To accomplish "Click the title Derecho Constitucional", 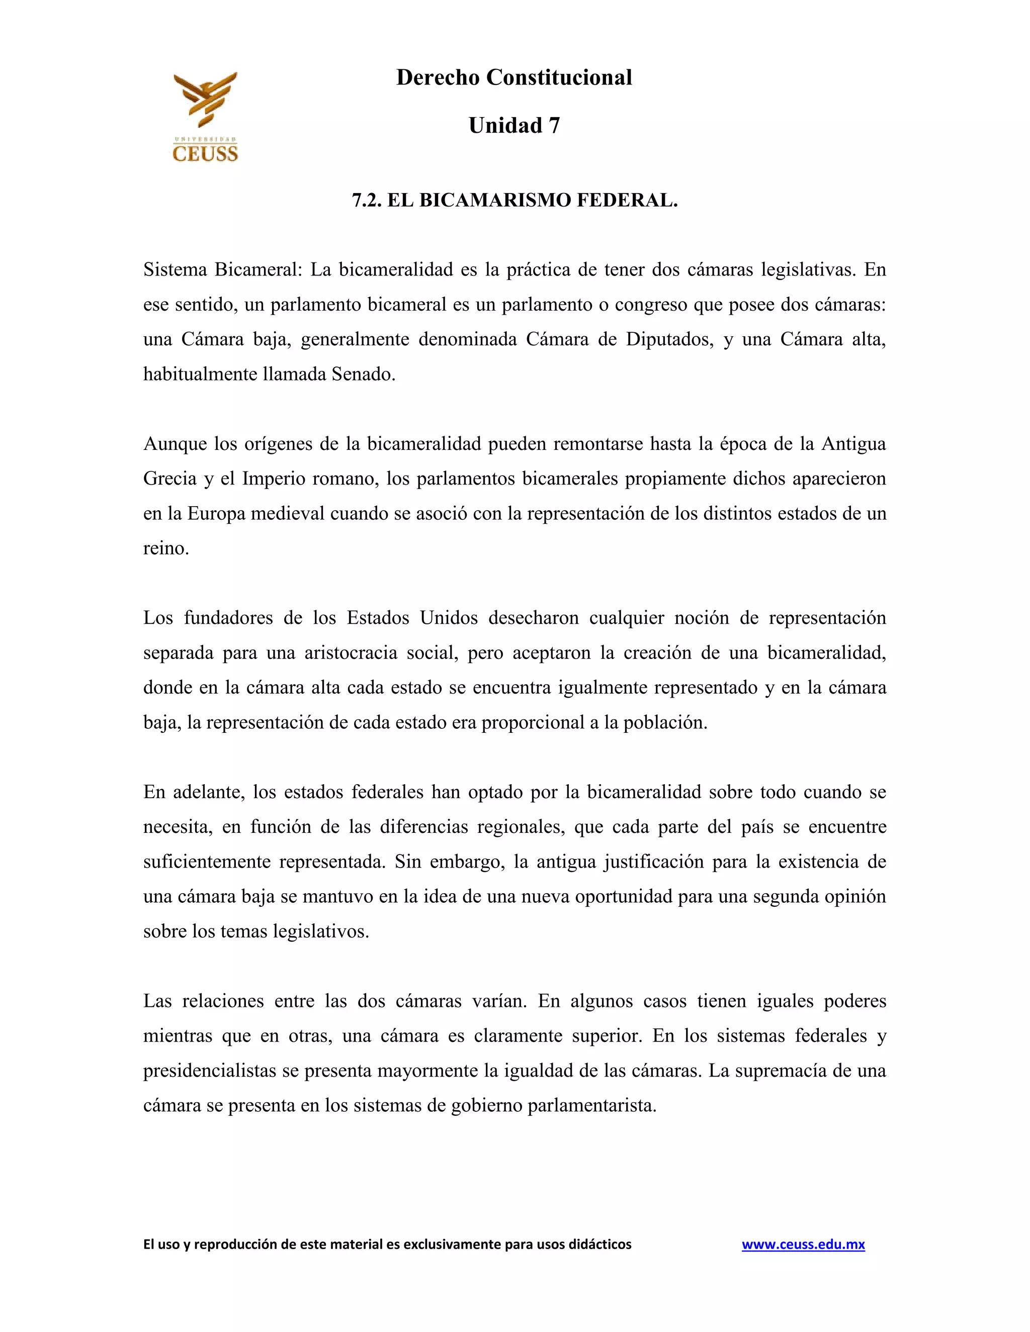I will [x=514, y=77].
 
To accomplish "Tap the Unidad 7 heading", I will [x=514, y=126].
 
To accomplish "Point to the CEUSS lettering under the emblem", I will [x=205, y=152].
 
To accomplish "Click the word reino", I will [x=165, y=548].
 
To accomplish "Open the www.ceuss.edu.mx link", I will [x=803, y=1244].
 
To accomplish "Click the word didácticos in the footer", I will [x=600, y=1244].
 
